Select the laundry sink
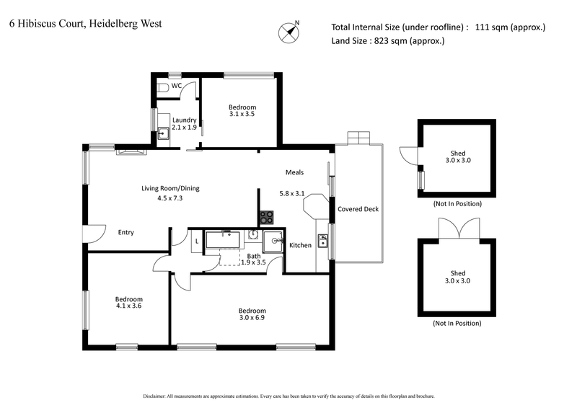pyautogui.click(x=164, y=132)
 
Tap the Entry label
pyautogui.click(x=125, y=232)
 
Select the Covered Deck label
pyautogui.click(x=358, y=209)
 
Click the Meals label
pyautogui.click(x=294, y=173)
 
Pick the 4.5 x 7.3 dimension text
pyautogui.click(x=169, y=198)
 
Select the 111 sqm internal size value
pyautogui.click(x=511, y=27)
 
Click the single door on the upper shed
pyautogui.click(x=408, y=155)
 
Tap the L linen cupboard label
pyautogui.click(x=196, y=241)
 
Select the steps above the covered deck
pyautogui.click(x=358, y=137)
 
